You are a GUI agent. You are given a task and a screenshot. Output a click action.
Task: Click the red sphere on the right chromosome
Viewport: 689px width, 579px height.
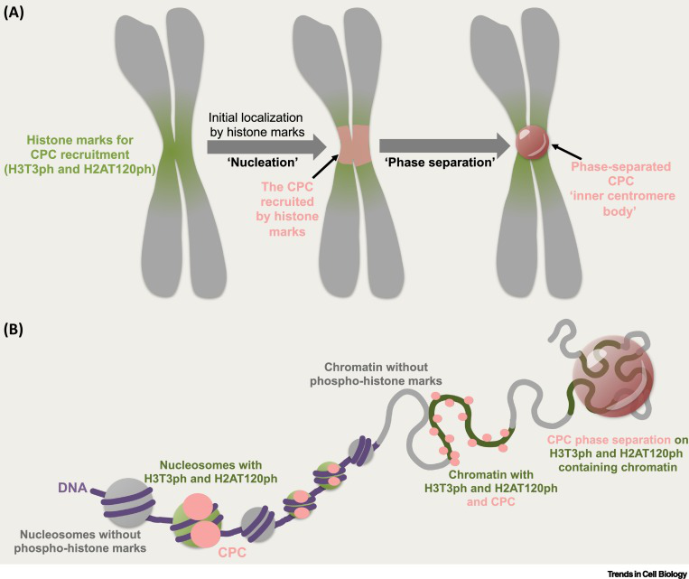click(528, 144)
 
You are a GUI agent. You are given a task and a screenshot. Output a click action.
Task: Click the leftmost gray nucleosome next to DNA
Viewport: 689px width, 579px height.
click(126, 503)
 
